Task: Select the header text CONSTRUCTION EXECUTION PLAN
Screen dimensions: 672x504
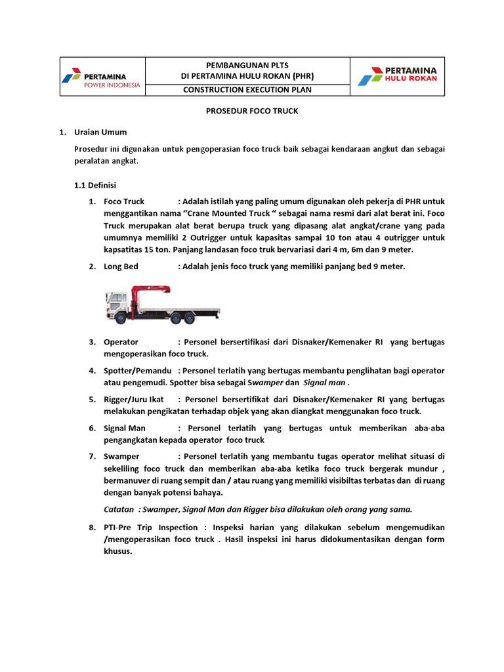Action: [247, 89]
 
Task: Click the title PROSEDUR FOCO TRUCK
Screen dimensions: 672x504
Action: [248, 111]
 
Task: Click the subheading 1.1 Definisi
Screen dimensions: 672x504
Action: [94, 186]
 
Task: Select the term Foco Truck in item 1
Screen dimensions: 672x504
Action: [124, 201]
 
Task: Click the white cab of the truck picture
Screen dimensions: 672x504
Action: [115, 305]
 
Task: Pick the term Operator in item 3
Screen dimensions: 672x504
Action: [121, 342]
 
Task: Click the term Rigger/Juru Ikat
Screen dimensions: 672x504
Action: [134, 399]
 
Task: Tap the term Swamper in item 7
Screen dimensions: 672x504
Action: [121, 456]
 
